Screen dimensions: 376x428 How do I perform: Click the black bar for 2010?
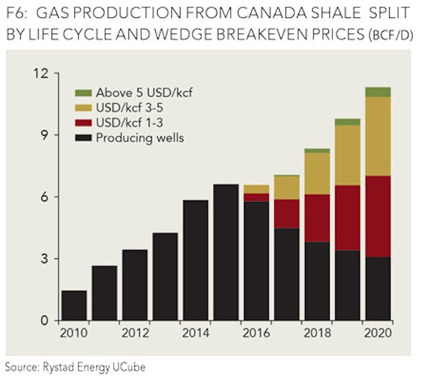[x=74, y=305]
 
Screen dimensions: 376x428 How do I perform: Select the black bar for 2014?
[x=195, y=260]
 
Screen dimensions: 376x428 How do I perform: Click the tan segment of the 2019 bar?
[x=347, y=155]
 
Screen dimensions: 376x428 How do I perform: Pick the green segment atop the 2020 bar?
[x=378, y=92]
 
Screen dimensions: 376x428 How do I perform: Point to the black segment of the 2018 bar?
[x=317, y=281]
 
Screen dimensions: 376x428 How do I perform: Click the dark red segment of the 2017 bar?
[x=286, y=213]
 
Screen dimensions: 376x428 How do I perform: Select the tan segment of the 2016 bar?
[x=256, y=189]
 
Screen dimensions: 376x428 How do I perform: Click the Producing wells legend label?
[x=139, y=138]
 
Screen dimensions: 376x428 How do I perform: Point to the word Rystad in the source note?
[x=62, y=366]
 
